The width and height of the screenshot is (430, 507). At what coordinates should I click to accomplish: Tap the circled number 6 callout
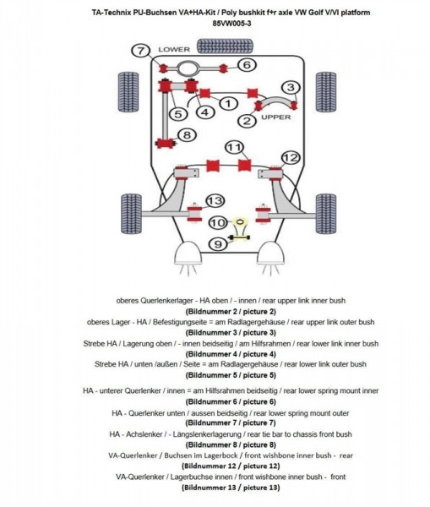pyautogui.click(x=246, y=64)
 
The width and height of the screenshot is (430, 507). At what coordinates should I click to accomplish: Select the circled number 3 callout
pyautogui.click(x=290, y=87)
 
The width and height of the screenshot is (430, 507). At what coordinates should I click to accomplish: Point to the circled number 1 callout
pyautogui.click(x=226, y=103)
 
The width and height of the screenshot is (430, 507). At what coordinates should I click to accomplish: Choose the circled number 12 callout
pyautogui.click(x=290, y=157)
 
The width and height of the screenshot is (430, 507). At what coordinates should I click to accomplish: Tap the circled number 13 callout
pyautogui.click(x=215, y=200)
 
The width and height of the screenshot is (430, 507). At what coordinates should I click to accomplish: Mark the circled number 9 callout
pyautogui.click(x=216, y=244)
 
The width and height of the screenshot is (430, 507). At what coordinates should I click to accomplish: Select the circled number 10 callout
pyautogui.click(x=217, y=223)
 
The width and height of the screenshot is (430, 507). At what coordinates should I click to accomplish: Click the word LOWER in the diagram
pyautogui.click(x=175, y=50)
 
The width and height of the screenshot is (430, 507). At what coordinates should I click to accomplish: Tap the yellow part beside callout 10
pyautogui.click(x=241, y=223)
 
